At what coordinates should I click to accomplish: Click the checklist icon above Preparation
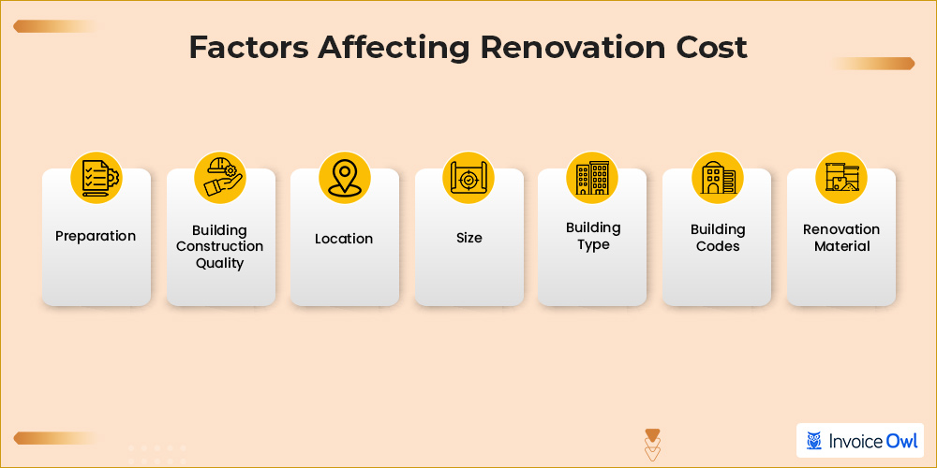tap(97, 176)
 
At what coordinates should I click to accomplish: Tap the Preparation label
tap(96, 236)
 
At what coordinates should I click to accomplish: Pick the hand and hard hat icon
tap(220, 177)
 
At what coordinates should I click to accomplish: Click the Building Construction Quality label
tap(220, 246)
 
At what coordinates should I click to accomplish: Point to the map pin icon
tap(344, 177)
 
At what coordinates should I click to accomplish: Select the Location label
tap(344, 239)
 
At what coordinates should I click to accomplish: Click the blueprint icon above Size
tap(468, 177)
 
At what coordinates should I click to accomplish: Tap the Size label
tap(469, 238)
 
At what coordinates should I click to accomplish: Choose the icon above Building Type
tap(592, 177)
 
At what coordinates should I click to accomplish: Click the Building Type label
tap(593, 236)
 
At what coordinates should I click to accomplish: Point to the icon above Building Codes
tap(717, 177)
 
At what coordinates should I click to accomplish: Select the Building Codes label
tap(718, 238)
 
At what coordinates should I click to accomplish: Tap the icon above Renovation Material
tap(840, 177)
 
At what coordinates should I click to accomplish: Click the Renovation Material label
tap(841, 238)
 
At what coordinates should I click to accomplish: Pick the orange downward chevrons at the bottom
tap(653, 446)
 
